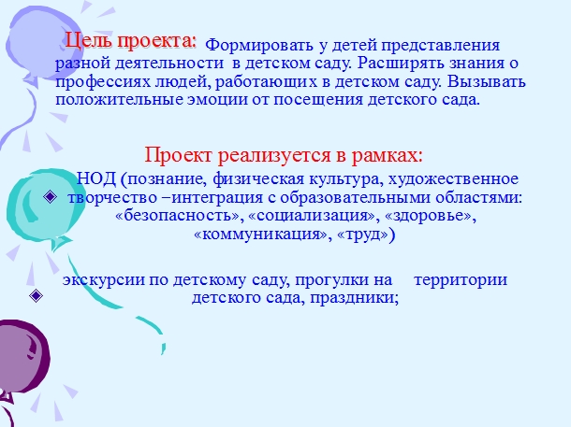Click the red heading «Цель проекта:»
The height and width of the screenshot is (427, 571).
click(131, 41)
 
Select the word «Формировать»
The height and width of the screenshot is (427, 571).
click(259, 46)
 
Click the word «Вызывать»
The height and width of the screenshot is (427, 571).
click(487, 81)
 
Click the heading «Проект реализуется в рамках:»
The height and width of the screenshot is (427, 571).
click(284, 155)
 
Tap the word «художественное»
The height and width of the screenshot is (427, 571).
click(453, 179)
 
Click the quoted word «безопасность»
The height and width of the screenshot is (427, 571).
click(178, 216)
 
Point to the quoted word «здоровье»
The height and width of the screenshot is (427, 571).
click(429, 216)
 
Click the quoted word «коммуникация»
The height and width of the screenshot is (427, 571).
click(261, 235)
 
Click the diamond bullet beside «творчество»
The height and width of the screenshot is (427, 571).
click(50, 197)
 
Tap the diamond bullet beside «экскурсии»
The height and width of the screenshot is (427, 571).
click(36, 296)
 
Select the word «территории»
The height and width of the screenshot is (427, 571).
click(461, 279)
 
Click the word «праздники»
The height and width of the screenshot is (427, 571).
click(353, 298)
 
